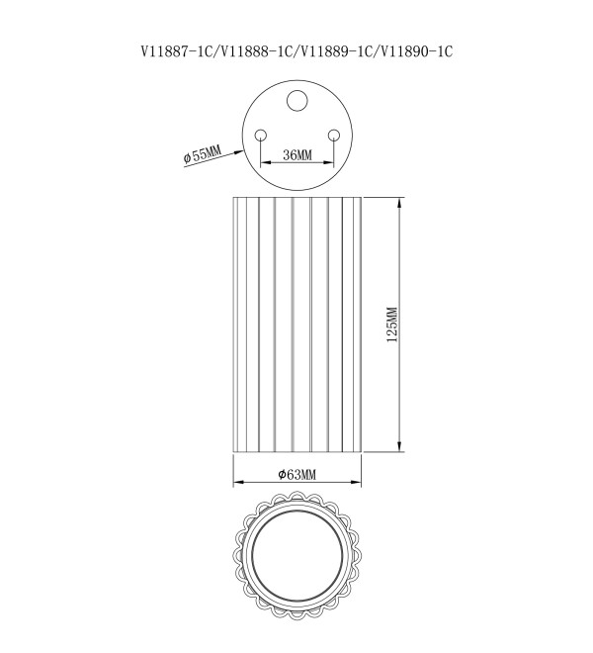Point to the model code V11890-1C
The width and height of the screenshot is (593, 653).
pos(416,51)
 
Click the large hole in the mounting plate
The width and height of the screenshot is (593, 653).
pos(297,101)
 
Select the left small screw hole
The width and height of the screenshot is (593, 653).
pos(261,136)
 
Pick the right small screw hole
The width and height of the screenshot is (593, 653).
pos(334,136)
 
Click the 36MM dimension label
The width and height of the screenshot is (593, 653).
pos(297,155)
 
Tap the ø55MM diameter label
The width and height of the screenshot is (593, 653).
pos(203,153)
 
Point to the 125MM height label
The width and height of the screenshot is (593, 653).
pos(392,325)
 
